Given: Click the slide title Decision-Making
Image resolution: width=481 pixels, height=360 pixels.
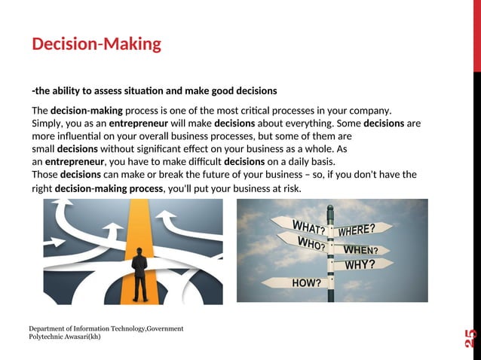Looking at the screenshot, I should point(97,44).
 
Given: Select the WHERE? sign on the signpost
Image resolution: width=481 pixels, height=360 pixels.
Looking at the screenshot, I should point(366,229).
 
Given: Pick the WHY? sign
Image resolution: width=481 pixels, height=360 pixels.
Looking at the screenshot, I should point(360,264).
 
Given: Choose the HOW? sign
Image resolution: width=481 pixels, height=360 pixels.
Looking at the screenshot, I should point(306,283).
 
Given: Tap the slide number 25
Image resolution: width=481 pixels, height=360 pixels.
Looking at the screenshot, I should point(471,338).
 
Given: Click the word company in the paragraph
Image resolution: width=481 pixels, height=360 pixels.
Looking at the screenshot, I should point(369,111).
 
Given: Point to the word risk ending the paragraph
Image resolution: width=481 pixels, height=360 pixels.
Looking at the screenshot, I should point(291,188).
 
